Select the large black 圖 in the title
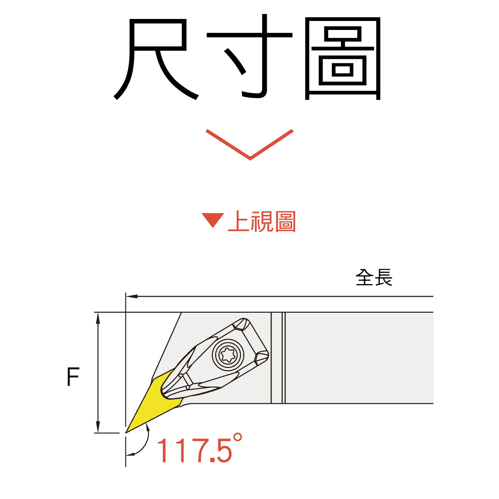[343, 58]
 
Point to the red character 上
[239, 221]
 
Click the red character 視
[262, 222]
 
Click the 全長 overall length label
[374, 277]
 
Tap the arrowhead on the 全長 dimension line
[132, 296]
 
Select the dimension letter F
[73, 377]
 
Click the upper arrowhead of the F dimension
[98, 318]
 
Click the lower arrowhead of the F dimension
[98, 427]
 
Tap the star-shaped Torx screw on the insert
[228, 355]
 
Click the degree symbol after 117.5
[237, 437]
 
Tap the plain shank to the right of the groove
[359, 358]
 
